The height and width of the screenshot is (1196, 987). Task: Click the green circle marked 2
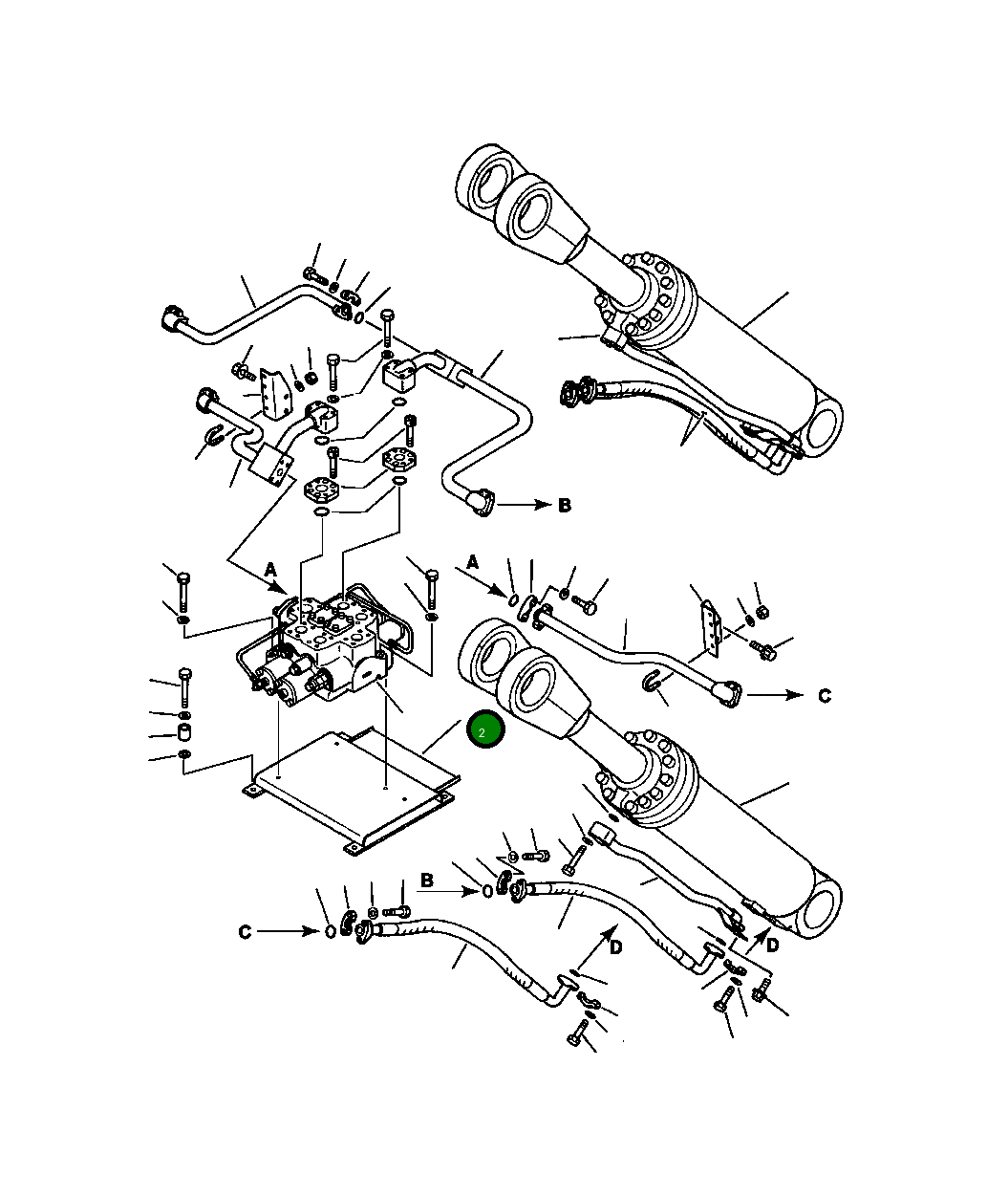484,731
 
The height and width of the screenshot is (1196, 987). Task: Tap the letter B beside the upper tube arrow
565,505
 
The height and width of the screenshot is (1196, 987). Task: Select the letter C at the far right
825,696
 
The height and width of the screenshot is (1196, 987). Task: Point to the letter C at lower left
245,931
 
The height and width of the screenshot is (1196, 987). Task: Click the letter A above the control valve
270,570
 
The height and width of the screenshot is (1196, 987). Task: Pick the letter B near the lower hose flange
428,880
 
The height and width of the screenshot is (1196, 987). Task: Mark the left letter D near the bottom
616,947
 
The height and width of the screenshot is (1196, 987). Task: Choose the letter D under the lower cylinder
772,945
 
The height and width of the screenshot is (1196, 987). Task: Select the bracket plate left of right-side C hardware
709,627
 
